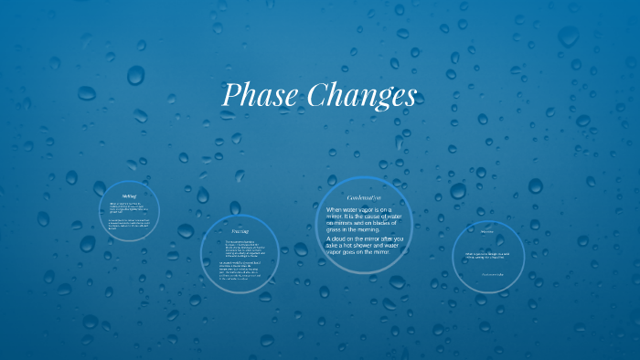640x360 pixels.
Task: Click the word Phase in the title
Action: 259,95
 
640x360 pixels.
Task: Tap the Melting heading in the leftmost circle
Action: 129,196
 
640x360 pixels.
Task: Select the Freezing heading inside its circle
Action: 240,231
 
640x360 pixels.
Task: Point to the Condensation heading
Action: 364,197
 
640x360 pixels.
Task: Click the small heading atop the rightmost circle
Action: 487,231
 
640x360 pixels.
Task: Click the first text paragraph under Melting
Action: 127,207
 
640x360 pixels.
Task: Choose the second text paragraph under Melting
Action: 127,224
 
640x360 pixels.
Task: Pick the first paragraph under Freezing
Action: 240,248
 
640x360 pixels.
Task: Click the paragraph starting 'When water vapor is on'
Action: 364,219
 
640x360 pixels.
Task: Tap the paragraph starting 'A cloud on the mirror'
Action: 364,244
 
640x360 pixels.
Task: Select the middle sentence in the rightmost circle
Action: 489,255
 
